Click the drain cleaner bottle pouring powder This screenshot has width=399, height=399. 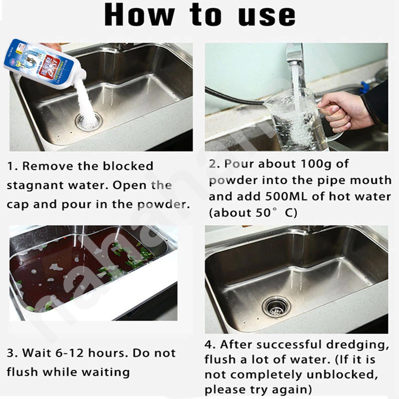click(x=45, y=64)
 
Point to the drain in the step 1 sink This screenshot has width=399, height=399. click(x=89, y=121)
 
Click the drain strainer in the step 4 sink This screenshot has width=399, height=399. click(x=276, y=306)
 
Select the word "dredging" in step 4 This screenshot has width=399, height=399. click(x=358, y=345)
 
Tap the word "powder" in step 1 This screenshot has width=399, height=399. click(x=164, y=205)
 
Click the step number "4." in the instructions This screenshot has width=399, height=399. click(x=210, y=345)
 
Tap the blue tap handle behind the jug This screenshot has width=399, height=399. click(x=365, y=86)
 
